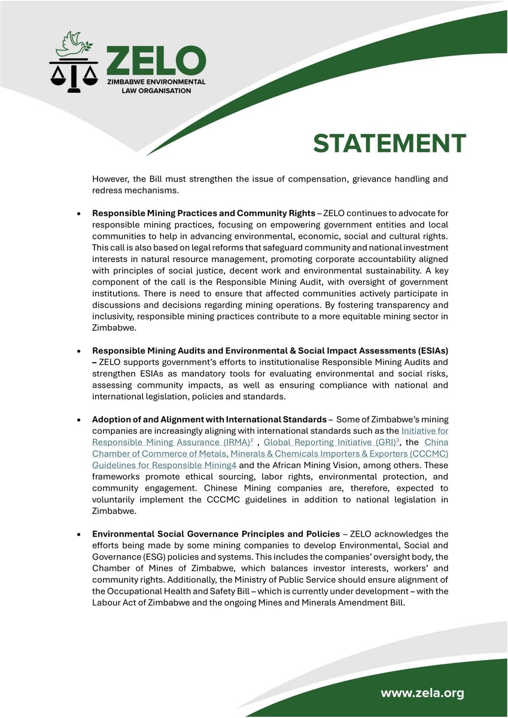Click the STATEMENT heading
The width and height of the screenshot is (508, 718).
click(x=390, y=144)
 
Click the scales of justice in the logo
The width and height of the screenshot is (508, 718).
click(x=74, y=75)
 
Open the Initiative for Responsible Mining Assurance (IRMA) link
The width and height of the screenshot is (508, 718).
click(x=270, y=436)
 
